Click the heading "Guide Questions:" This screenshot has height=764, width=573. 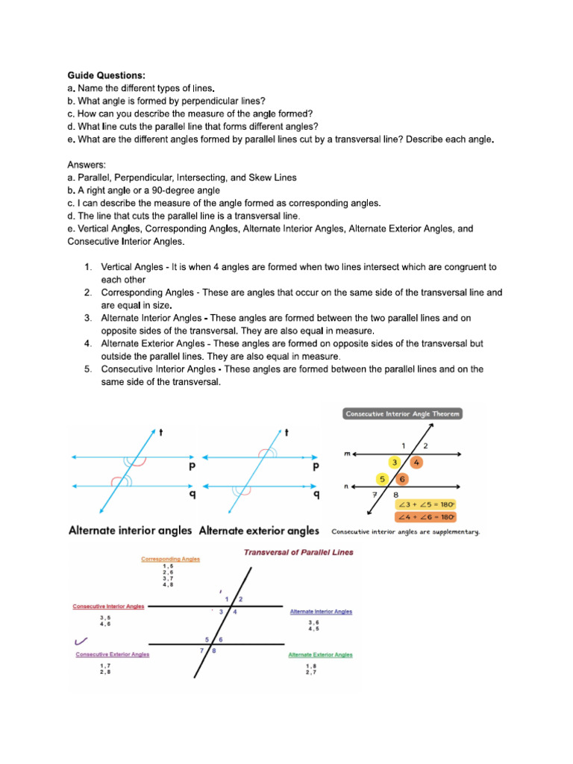pos(107,75)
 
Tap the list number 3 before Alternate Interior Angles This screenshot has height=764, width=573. pos(87,318)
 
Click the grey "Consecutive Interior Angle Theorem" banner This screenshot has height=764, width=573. pos(402,413)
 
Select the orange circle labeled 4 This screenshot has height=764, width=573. pos(417,463)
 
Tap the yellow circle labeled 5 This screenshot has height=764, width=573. pos(382,479)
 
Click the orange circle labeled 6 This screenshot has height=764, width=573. pos(402,479)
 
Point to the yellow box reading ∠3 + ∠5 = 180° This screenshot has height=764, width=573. pos(426,504)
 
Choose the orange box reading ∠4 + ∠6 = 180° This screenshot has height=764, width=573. pos(426,517)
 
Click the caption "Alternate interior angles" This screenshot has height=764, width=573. pos(130,531)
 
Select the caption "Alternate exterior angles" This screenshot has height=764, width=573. pos(259,531)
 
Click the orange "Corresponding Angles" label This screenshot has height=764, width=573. pos(170,559)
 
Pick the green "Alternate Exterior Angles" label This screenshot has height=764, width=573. pos(320,654)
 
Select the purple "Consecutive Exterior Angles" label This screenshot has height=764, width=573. pos(112,654)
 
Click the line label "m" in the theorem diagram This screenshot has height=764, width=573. pos(347,453)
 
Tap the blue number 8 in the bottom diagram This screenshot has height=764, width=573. pos(214,651)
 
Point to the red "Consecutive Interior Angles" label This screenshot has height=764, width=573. pos(108,607)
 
